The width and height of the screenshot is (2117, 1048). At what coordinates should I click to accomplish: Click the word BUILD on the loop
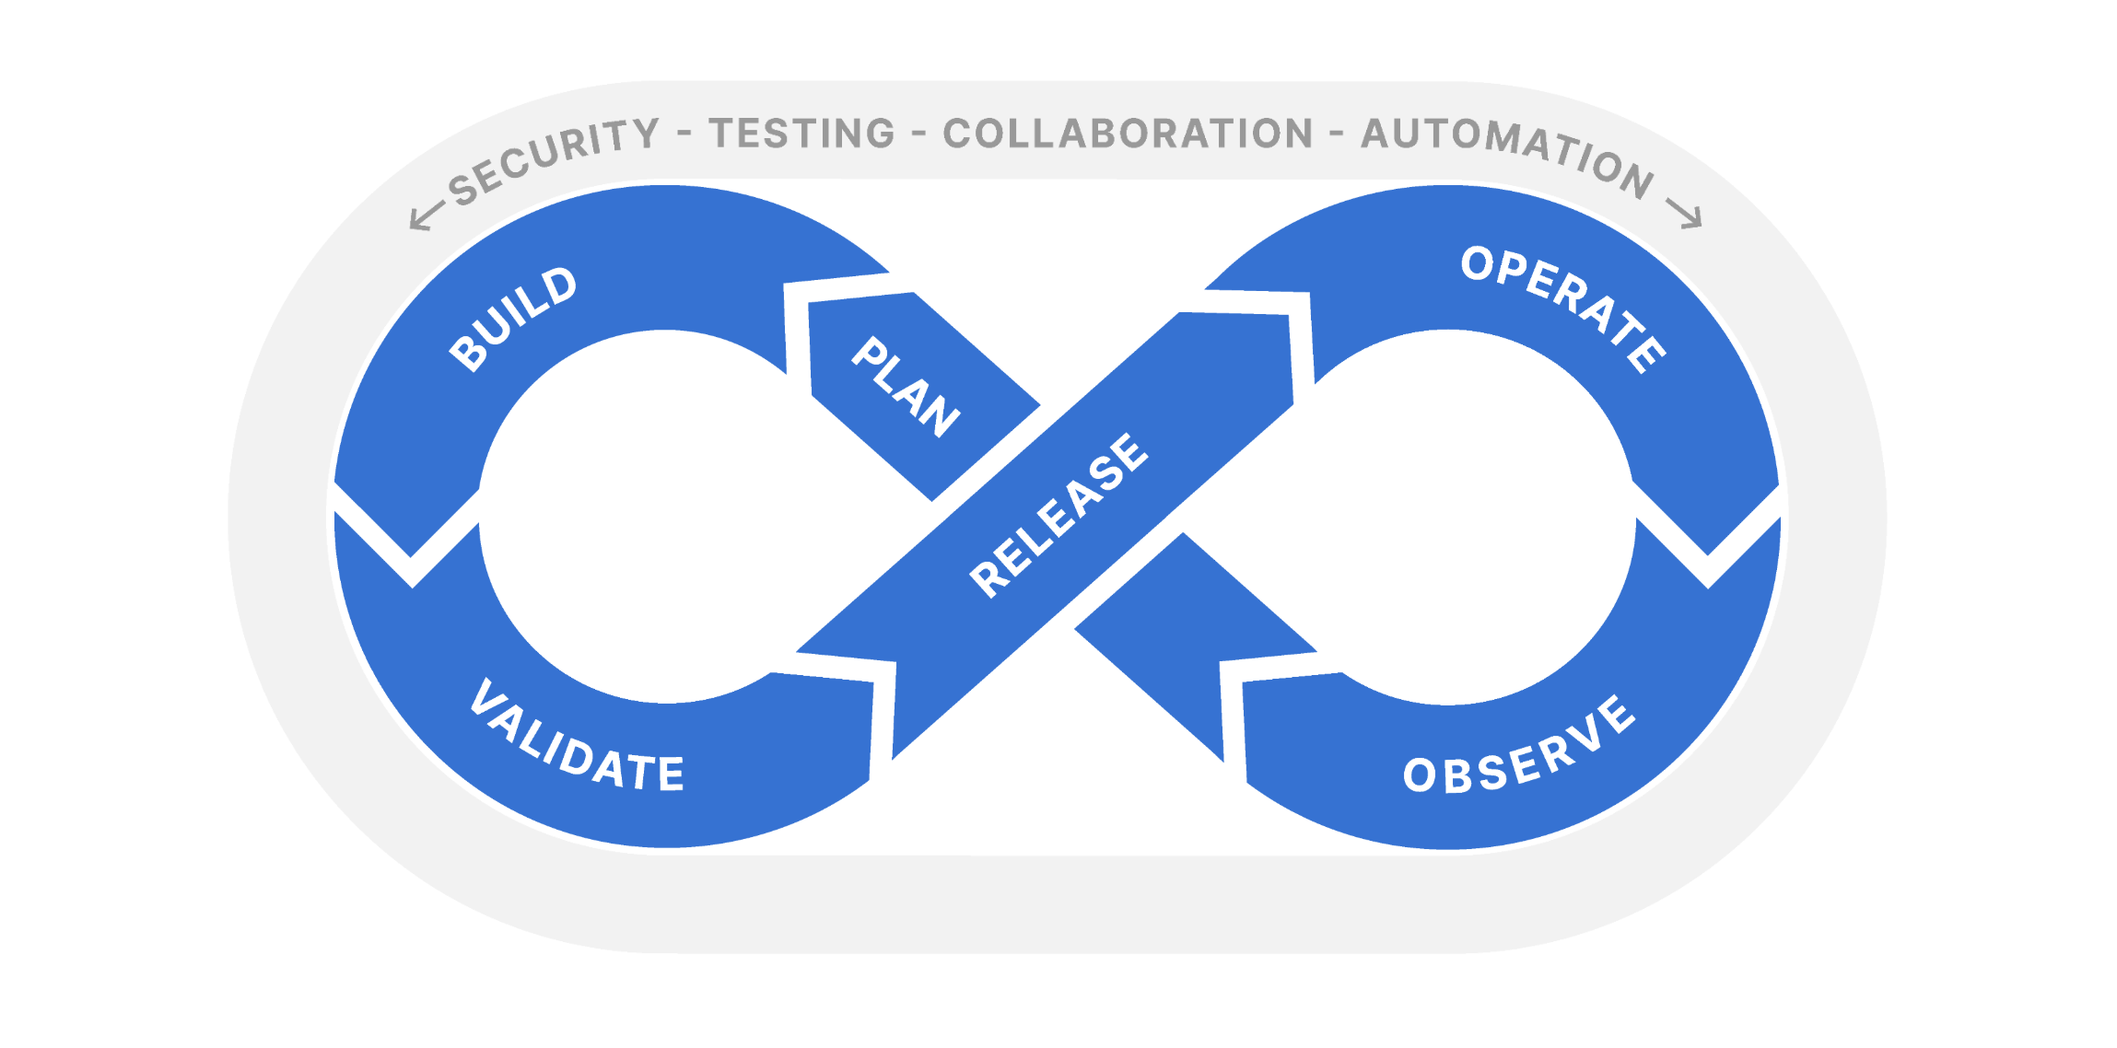click(x=513, y=319)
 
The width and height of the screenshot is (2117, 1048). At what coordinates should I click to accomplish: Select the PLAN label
click(x=905, y=387)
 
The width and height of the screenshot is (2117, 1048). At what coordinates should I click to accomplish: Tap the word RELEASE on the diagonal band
click(x=1059, y=515)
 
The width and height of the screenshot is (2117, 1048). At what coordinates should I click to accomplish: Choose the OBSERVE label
click(x=1519, y=747)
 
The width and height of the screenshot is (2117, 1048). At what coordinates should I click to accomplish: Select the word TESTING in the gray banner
click(x=801, y=134)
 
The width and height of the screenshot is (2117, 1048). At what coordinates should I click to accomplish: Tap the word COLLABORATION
click(x=1128, y=134)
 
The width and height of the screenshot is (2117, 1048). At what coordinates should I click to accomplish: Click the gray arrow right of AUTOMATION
click(x=1684, y=214)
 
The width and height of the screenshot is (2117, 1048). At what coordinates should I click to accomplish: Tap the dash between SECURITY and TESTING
click(x=684, y=134)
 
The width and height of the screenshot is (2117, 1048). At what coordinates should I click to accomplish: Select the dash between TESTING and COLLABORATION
click(x=918, y=134)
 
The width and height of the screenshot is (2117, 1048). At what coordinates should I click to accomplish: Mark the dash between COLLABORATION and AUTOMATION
click(x=1337, y=134)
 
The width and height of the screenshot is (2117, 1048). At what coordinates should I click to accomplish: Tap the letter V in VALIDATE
click(x=485, y=697)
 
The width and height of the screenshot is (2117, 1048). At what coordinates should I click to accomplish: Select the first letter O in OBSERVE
click(x=1420, y=775)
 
